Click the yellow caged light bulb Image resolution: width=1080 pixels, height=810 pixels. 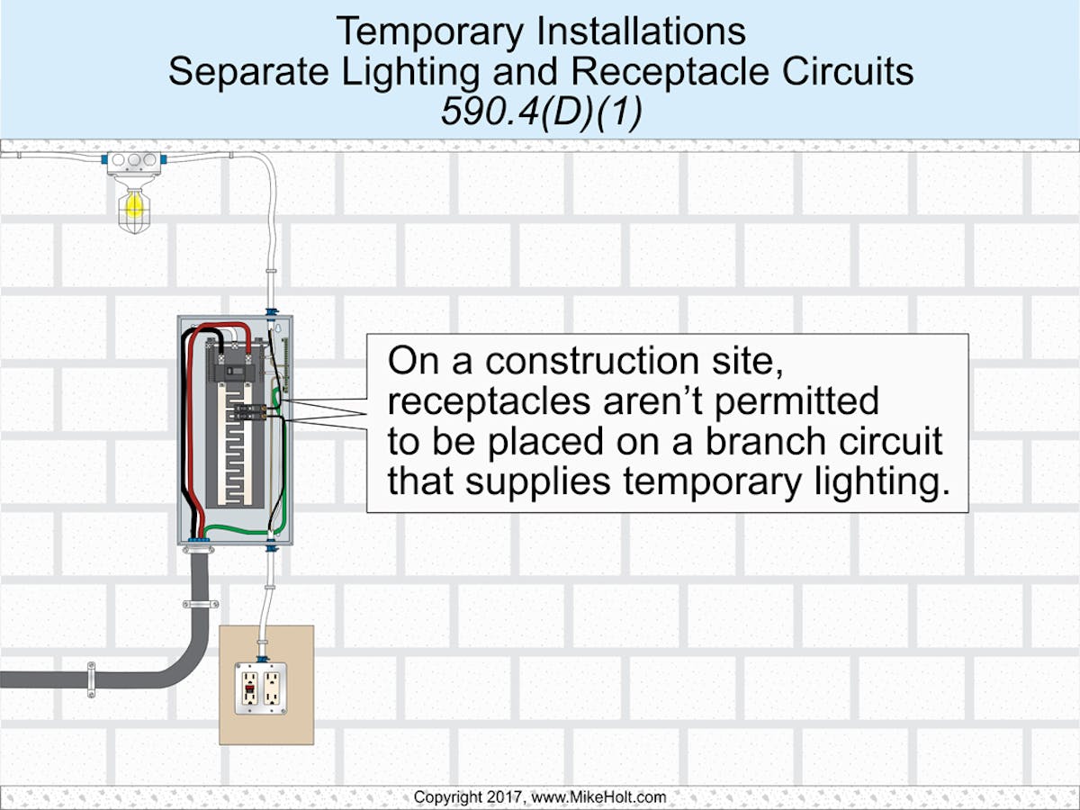tap(133, 206)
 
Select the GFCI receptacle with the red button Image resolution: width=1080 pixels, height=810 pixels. tap(249, 689)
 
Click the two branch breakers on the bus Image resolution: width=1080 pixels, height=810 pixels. tap(249, 413)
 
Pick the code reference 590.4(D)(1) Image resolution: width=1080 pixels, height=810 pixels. tap(541, 114)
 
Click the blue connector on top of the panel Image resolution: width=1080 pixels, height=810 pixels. tap(270, 312)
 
